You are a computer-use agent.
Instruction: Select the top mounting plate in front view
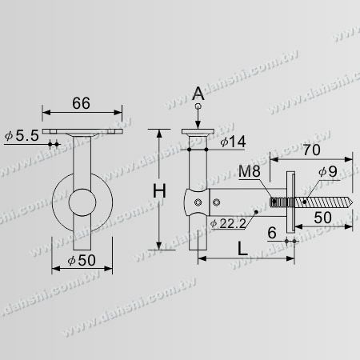click(84, 132)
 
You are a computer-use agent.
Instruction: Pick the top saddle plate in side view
click(198, 132)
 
